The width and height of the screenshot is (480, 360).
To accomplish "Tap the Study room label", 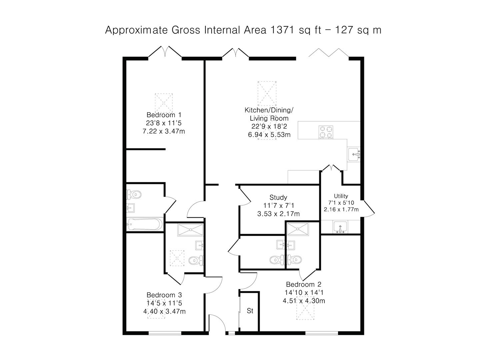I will pos(278,197).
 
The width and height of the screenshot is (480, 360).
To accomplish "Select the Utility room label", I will pos(341,196).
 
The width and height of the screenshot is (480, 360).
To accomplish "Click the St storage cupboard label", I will pos(250,311).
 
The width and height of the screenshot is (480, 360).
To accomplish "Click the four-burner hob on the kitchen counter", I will pos(326,131).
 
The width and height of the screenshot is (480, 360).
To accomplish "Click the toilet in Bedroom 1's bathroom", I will pos(134,194).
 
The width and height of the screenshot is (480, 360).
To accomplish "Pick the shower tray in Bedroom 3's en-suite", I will pos(190,230).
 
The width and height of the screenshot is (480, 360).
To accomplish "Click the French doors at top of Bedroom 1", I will pos(165,52).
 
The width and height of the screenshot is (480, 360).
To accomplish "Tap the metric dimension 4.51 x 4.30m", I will pos(304,301).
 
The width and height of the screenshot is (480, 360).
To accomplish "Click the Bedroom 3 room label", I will pos(164,295).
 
